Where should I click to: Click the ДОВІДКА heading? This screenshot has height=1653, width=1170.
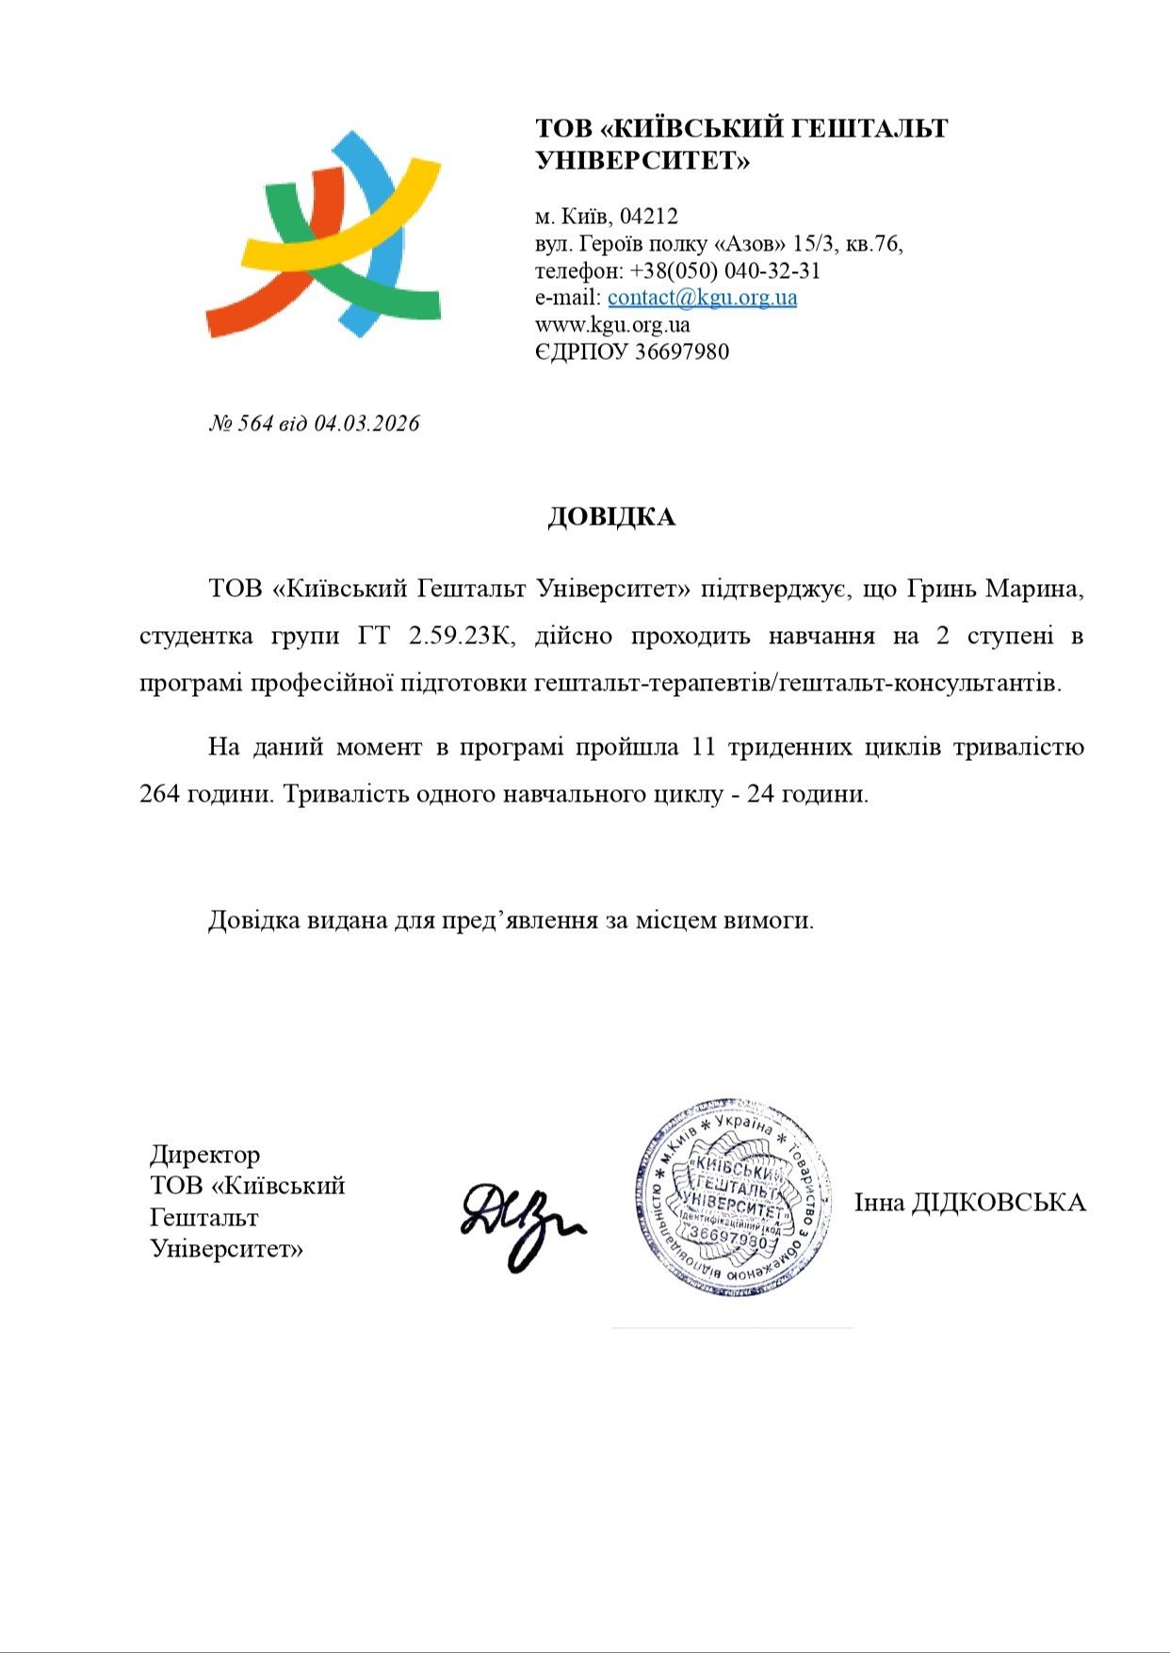(611, 517)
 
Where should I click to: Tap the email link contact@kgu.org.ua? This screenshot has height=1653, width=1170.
(702, 298)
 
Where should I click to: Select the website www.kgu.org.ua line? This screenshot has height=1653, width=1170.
(612, 325)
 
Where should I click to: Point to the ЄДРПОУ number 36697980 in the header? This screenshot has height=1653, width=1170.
(682, 352)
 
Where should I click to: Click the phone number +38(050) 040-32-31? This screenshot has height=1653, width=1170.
(725, 271)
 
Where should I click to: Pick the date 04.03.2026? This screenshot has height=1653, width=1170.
(366, 424)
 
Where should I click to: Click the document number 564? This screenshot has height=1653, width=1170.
(255, 424)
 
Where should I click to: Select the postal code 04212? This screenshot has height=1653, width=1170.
(648, 217)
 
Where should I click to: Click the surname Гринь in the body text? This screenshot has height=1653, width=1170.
(940, 591)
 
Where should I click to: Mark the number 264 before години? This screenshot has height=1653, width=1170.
(160, 794)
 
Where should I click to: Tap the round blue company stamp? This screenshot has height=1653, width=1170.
(733, 1197)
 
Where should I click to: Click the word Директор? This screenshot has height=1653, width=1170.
(204, 1155)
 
